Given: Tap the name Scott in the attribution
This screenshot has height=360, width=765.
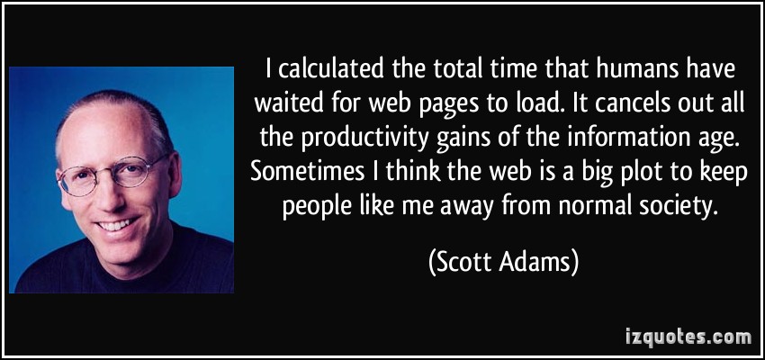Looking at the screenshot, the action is click(x=464, y=264).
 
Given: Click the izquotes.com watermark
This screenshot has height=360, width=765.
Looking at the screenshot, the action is click(x=688, y=337).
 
